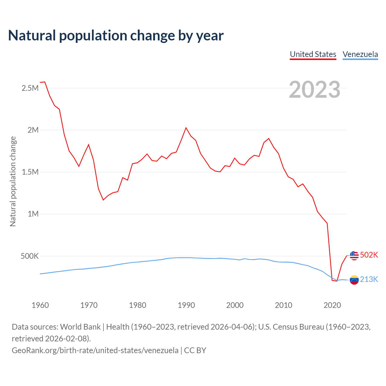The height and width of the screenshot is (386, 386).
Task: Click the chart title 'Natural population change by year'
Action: [116, 36]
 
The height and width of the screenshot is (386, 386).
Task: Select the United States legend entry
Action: [313, 54]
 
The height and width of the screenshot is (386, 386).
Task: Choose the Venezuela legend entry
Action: [360, 54]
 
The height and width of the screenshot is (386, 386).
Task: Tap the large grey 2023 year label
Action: [315, 90]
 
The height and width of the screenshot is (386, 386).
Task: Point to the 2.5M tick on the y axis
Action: [30, 88]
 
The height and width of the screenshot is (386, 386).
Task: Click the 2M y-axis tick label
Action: [33, 130]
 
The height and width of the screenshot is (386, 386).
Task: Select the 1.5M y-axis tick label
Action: [30, 172]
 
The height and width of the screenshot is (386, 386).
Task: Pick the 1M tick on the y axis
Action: [33, 214]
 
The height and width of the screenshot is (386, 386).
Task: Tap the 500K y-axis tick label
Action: [30, 256]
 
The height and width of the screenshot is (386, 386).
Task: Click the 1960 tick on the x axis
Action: [40, 305]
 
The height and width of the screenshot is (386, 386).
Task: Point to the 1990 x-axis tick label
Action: [186, 305]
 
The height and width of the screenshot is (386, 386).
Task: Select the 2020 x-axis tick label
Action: [332, 305]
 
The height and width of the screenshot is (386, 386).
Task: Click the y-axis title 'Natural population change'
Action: [13, 181]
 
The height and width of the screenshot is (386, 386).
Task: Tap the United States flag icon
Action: [354, 255]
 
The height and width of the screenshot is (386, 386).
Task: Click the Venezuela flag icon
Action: [354, 280]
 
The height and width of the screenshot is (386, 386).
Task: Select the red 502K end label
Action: [369, 255]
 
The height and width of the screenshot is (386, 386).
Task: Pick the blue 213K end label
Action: [369, 279]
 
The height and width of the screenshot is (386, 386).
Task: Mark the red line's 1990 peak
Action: [186, 128]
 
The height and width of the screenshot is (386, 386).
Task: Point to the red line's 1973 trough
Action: [103, 200]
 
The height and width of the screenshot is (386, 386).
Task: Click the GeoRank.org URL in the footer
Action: [95, 350]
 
